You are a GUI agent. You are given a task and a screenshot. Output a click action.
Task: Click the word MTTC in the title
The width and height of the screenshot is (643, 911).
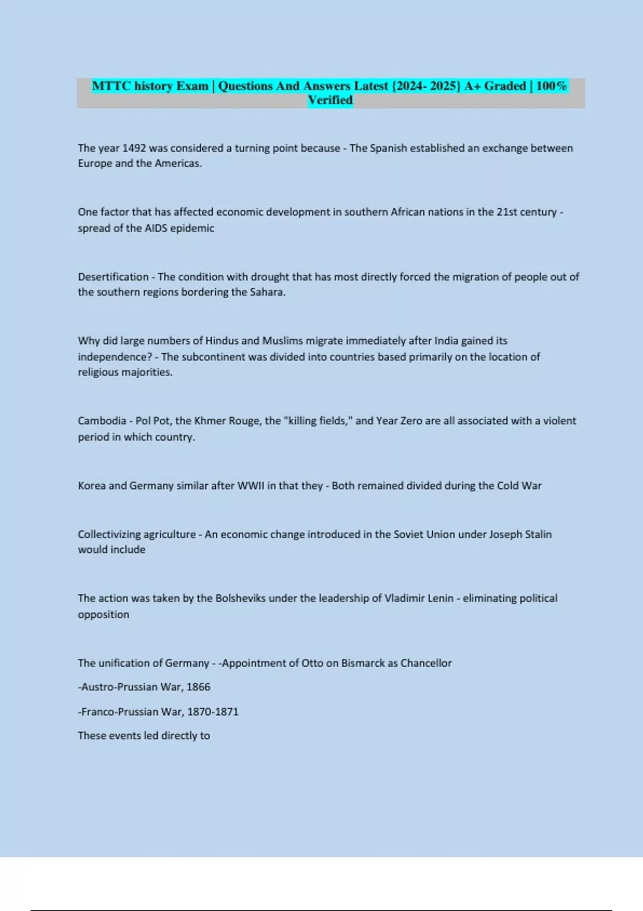pos(111,86)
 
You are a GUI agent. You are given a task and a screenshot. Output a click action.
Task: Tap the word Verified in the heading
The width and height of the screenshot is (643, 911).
pos(330,100)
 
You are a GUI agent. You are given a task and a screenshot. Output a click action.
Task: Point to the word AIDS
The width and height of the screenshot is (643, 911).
pos(156,228)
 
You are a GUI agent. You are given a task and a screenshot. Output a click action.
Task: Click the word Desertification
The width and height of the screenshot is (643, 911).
pos(113,277)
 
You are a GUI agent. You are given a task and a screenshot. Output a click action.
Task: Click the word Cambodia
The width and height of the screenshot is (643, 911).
pos(102,421)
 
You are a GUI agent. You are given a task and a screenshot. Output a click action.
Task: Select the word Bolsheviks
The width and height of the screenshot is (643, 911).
pos(240,599)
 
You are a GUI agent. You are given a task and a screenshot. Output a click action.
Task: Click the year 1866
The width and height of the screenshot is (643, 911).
pos(198,687)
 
